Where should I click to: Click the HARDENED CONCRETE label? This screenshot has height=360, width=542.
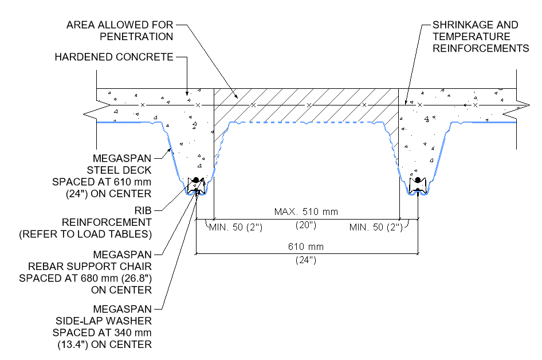[113, 57]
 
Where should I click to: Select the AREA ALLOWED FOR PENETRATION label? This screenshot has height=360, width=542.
[119, 31]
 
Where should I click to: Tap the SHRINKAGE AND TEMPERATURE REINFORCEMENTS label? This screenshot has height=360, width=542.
[480, 37]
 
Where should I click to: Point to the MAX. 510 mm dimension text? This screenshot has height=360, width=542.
[306, 212]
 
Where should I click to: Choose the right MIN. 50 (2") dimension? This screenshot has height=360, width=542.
[375, 228]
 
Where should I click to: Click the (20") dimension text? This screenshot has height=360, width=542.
[307, 225]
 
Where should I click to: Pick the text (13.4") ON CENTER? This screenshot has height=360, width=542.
[104, 345]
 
